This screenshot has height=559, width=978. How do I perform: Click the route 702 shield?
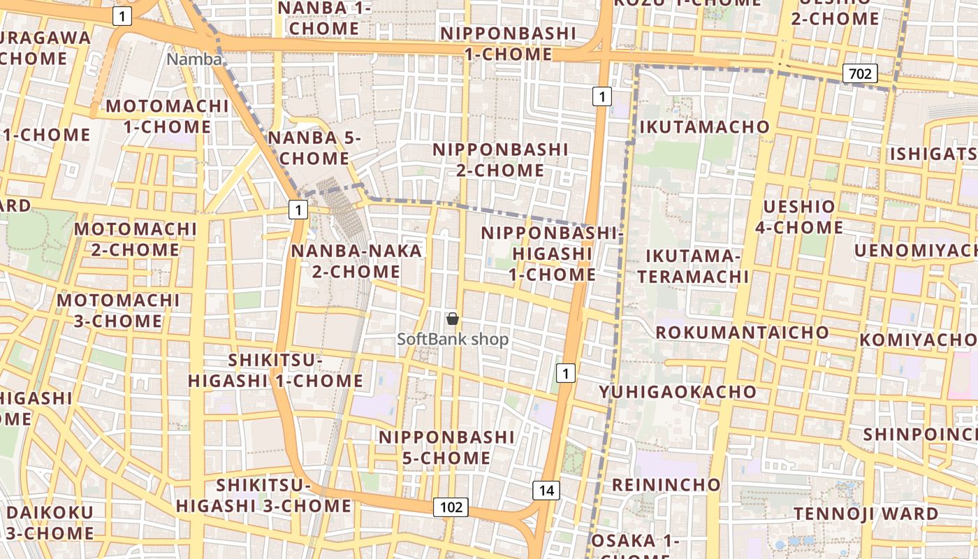[859, 73]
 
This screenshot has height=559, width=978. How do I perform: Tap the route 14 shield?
[546, 491]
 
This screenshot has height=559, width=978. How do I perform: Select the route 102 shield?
[451, 507]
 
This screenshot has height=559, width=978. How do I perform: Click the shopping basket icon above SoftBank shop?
[453, 319]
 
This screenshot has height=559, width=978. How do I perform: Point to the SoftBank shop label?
[453, 340]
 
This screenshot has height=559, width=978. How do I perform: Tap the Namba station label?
[194, 59]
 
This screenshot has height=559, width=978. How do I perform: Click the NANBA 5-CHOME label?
[314, 148]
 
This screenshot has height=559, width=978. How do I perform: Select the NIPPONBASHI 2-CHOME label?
[499, 159]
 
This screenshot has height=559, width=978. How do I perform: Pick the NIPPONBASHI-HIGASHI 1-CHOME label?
[551, 254]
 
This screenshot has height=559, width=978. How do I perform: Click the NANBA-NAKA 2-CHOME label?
[356, 261]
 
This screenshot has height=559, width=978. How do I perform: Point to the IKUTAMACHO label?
[704, 127]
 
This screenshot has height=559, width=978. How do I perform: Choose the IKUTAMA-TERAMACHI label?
[692, 266]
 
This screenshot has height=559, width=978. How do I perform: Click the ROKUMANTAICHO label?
[742, 332]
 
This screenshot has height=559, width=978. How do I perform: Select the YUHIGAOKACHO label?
[678, 392]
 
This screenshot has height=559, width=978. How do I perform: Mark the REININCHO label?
[666, 484]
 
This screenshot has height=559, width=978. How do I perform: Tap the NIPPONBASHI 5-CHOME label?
[446, 447]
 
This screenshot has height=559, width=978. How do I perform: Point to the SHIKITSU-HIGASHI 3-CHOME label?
[263, 495]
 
